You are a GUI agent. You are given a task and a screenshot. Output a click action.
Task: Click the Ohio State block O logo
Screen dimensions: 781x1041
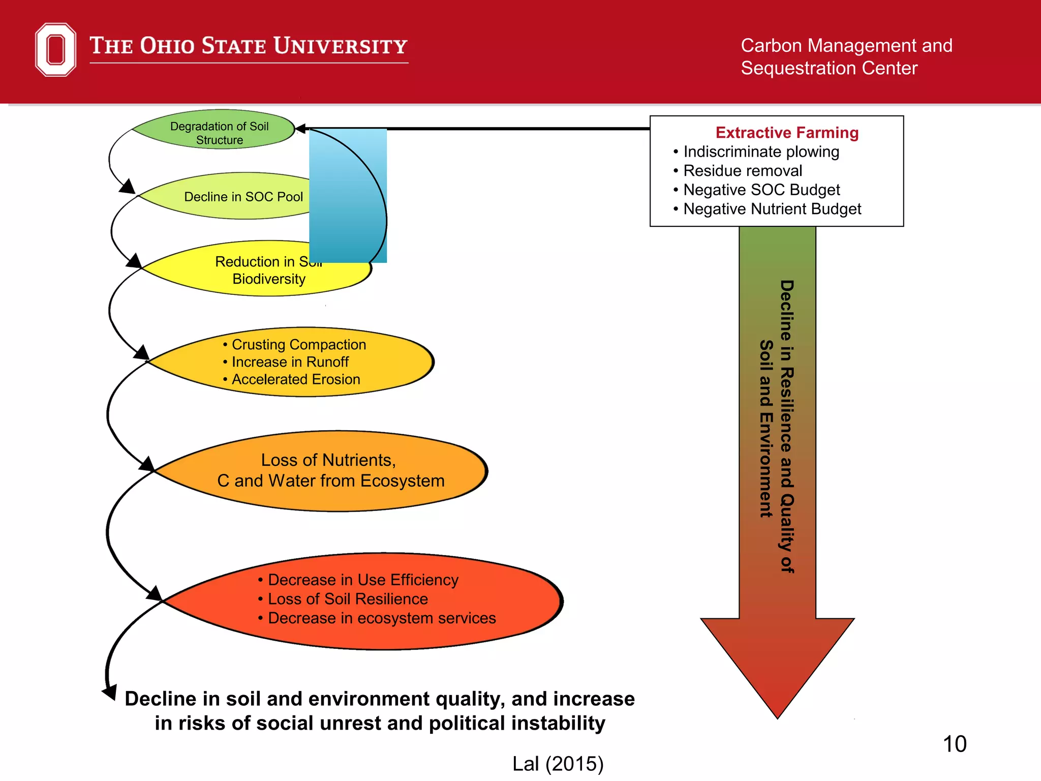coord(55,49)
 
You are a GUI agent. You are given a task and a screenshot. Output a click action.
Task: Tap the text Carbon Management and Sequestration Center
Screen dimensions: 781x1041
coord(846,56)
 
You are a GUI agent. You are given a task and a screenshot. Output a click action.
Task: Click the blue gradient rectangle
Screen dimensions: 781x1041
coord(348,196)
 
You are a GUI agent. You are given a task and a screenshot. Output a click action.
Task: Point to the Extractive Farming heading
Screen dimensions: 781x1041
coord(787,133)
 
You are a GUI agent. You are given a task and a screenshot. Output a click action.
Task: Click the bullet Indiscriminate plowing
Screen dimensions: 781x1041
coord(760,152)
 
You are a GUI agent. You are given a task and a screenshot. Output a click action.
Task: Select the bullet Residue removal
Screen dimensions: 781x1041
coord(742,171)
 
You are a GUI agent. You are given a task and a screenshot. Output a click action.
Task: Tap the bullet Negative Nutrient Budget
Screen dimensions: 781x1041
coord(772,209)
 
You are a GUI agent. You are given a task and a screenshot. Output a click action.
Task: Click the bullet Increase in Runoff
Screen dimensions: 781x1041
coord(290,362)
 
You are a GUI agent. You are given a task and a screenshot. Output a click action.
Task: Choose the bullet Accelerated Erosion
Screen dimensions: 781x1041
coord(295,379)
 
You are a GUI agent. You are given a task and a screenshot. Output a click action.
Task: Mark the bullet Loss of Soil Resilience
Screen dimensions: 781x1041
coord(347,599)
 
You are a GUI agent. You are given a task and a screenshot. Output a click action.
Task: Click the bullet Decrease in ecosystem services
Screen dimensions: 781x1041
coord(381,618)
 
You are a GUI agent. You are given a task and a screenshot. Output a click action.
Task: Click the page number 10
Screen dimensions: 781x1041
coord(955,744)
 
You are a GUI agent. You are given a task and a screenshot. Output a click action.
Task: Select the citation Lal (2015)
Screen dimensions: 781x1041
coord(558,764)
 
